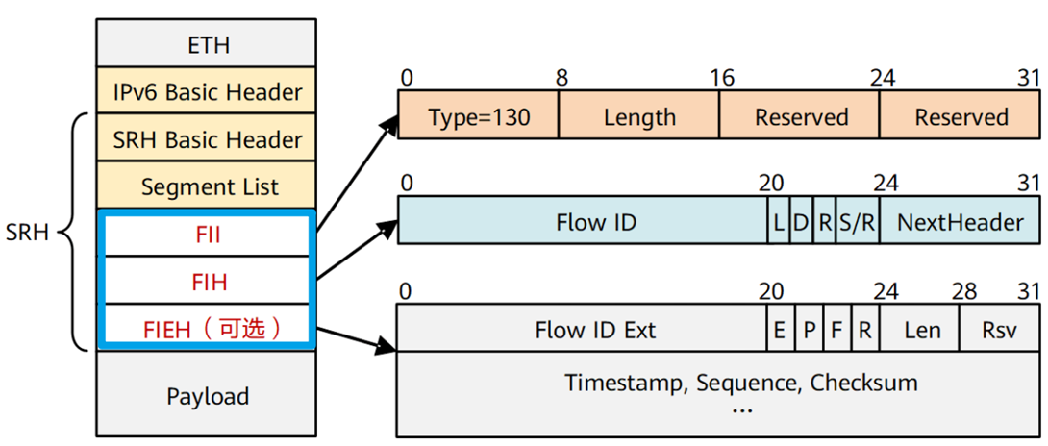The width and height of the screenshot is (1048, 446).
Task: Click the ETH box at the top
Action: coord(208,43)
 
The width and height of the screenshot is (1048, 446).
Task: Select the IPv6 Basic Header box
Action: coord(208,93)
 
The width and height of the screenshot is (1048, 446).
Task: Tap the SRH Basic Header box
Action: coord(208,140)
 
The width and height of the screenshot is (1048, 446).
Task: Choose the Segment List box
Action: coord(208,186)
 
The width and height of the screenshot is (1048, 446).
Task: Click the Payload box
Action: coord(208,396)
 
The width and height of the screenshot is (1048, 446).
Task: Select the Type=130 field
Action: coord(479,117)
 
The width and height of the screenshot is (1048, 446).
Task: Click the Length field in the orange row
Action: coord(639,117)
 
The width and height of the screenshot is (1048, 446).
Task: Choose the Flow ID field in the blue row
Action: coord(595,223)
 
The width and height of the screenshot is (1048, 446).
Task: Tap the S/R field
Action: coord(857,223)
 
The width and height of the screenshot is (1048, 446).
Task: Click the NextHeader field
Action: coord(960,223)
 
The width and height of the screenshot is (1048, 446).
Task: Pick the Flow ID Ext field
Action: coord(595,330)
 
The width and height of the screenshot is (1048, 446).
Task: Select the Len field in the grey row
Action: coord(922,330)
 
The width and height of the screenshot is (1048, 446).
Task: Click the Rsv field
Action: coord(998,330)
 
